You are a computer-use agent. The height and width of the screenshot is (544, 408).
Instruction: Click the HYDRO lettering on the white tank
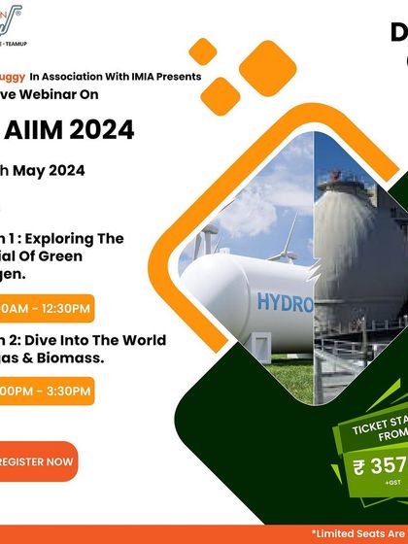click(x=285, y=303)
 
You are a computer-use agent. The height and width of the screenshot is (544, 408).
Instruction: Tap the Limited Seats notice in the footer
click(x=358, y=533)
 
